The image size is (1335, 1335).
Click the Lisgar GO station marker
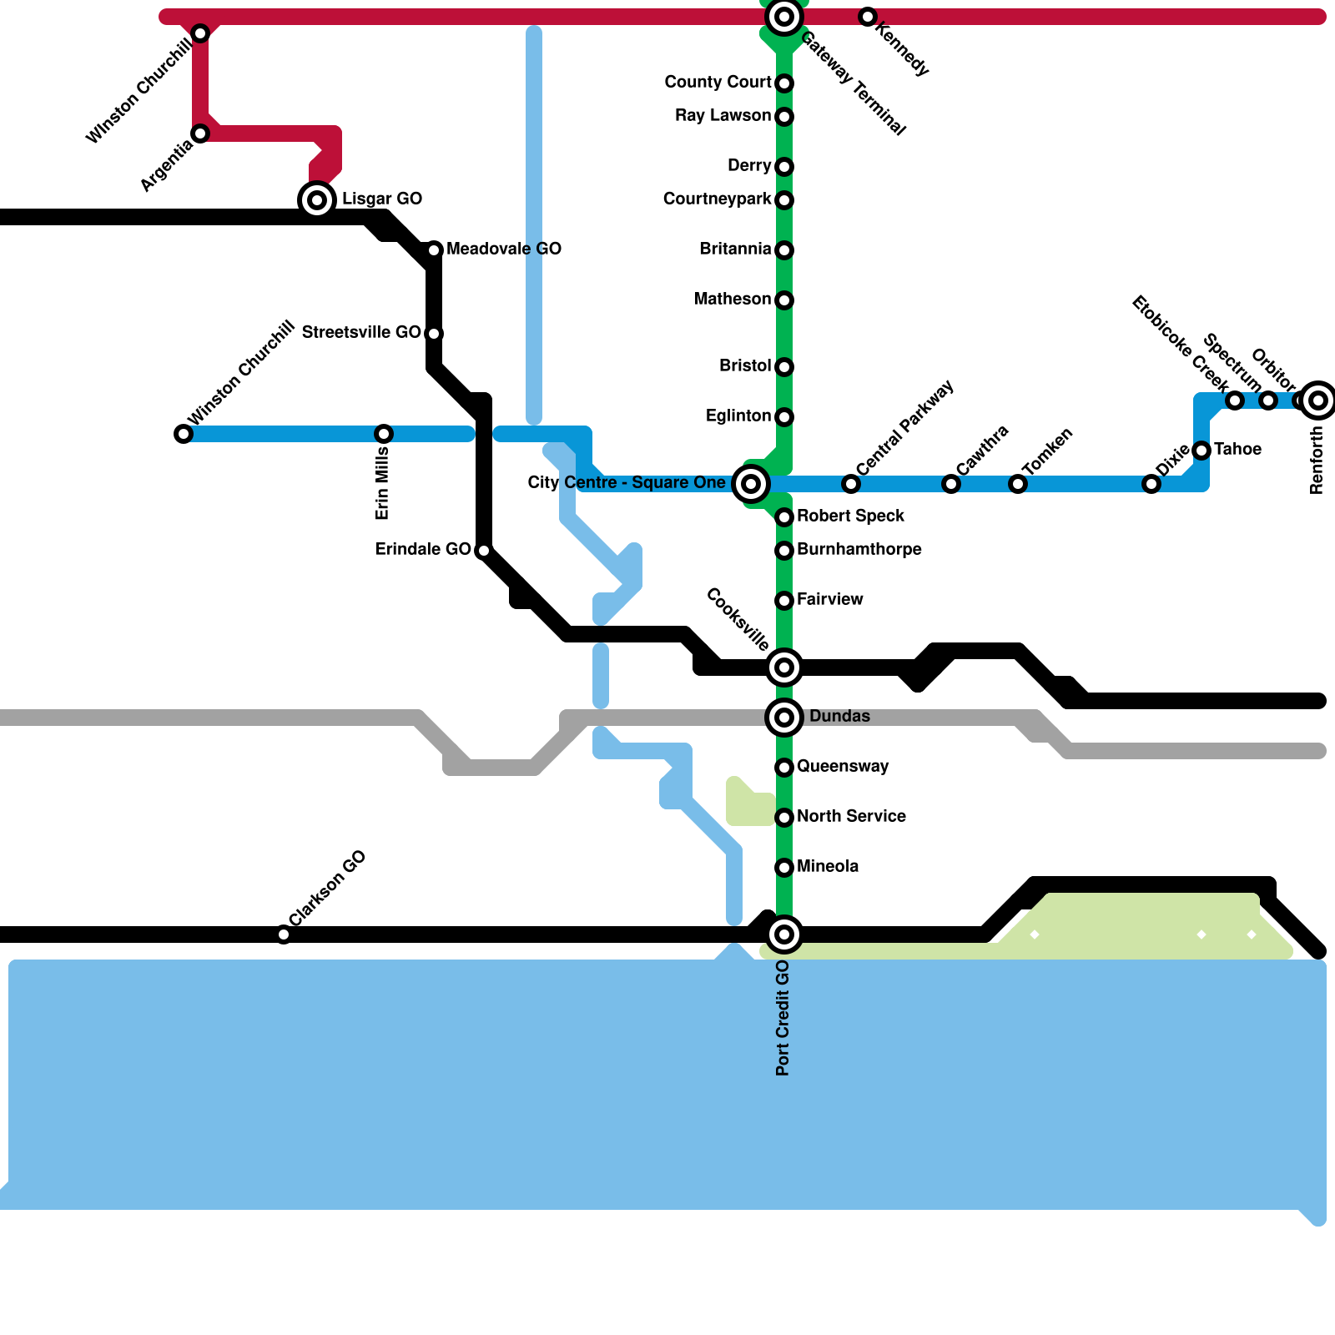pos(317,200)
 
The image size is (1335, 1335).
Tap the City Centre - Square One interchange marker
pos(751,483)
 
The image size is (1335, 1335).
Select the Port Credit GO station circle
pos(784,934)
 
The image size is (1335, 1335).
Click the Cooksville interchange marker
pos(784,667)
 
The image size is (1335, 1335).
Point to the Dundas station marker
pos(784,717)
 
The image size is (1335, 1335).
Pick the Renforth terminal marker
pos(1318,400)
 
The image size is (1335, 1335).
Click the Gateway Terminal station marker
pos(784,17)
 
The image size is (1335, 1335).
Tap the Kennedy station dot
pos(868,17)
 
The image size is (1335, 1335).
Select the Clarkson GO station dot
pos(284,934)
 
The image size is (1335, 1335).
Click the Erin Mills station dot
pos(384,434)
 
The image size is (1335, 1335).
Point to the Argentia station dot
pos(200,133)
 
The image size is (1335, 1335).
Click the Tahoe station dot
pos(1201,451)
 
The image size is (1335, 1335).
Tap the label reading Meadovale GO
pos(504,249)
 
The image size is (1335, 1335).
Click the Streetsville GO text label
pos(361,332)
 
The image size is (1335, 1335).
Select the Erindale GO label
pos(423,549)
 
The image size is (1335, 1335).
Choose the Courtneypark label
pos(718,199)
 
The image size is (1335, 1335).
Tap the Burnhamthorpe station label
pos(859,549)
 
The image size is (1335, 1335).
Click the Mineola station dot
pos(784,868)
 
